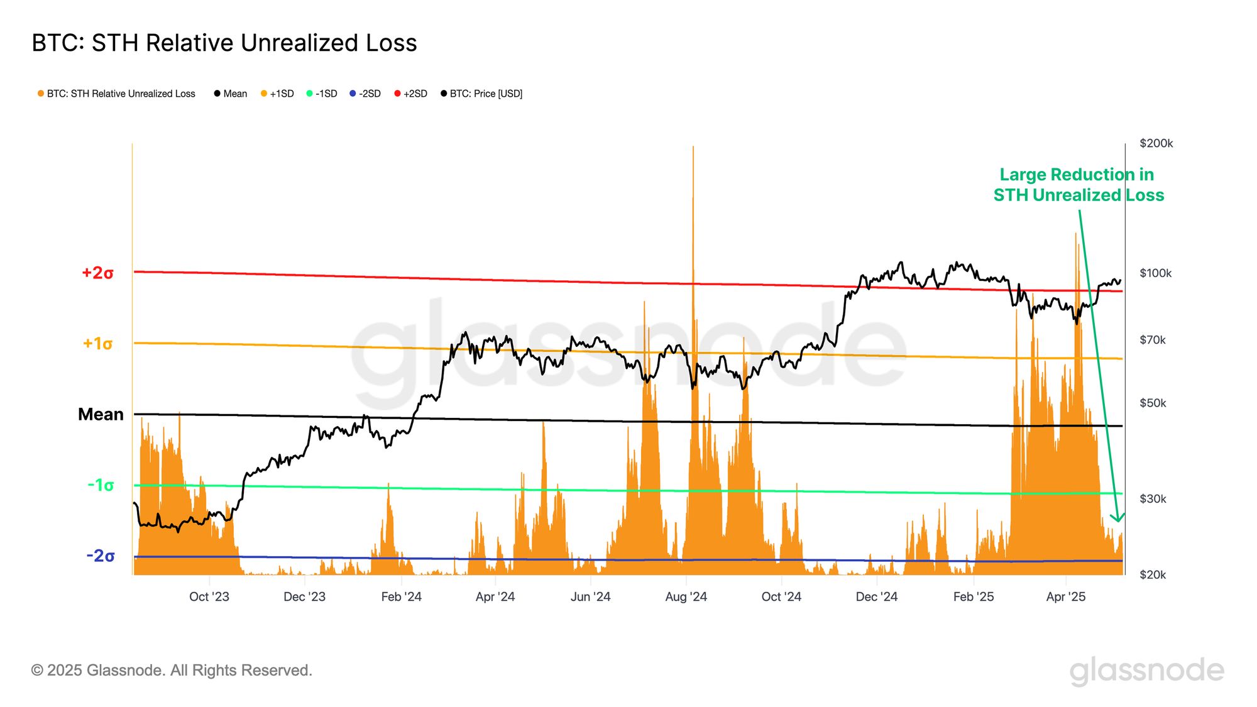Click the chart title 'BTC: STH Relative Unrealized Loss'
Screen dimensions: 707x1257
click(224, 43)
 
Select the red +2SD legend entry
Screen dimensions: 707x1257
click(411, 94)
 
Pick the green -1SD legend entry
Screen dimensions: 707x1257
click(322, 94)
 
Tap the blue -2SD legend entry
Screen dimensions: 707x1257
click(365, 94)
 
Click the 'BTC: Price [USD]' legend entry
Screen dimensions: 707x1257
click(482, 94)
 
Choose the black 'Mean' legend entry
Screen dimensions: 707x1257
click(231, 94)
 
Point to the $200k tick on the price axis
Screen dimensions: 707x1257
click(1156, 143)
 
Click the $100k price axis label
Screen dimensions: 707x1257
click(1155, 273)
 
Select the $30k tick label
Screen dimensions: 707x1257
click(1153, 498)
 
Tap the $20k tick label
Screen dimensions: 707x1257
click(1153, 574)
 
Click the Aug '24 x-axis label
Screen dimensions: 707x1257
click(686, 596)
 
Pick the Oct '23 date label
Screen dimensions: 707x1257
click(209, 596)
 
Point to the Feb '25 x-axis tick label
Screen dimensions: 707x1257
click(973, 596)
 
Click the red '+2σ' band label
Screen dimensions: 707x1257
click(97, 273)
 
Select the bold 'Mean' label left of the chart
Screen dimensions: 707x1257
click(101, 414)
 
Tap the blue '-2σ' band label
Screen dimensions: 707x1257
click(101, 556)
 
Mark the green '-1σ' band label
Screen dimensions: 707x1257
click(101, 485)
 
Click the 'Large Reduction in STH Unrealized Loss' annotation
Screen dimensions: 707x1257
click(1078, 184)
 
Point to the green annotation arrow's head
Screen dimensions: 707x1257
click(1117, 519)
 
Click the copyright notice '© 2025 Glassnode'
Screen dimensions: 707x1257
click(172, 670)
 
